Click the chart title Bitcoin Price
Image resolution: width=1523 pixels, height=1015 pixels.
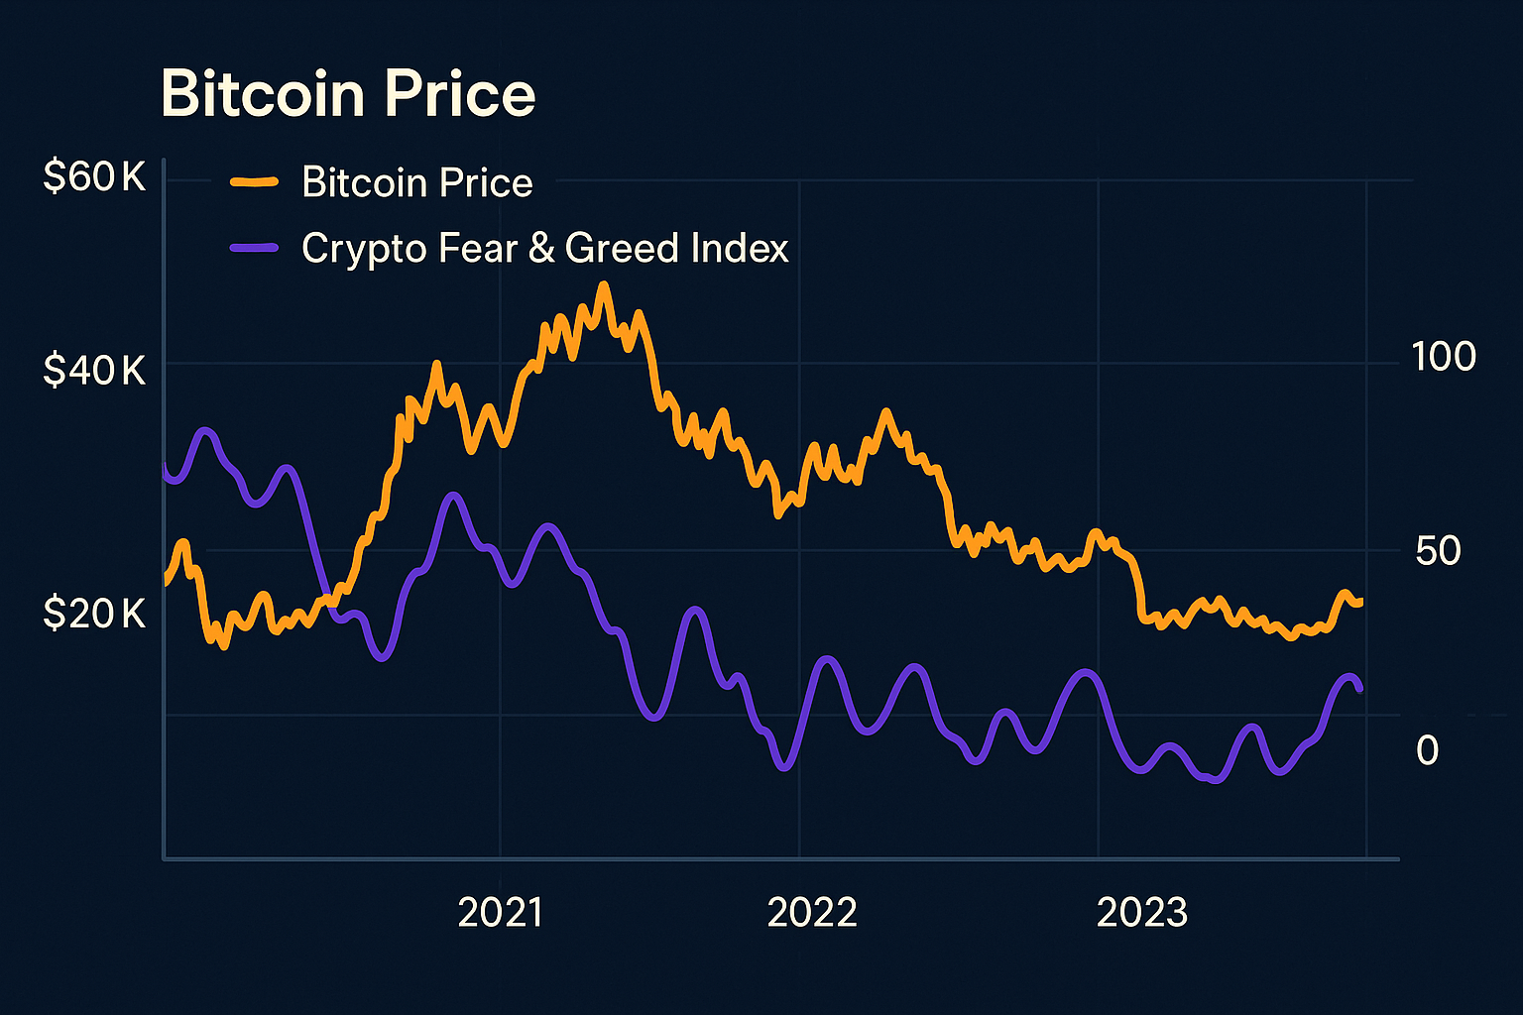pos(348,94)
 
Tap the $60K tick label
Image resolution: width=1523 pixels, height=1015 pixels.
pos(94,178)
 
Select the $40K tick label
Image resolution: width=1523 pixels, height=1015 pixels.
pos(94,371)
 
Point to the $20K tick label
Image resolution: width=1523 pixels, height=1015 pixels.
pos(94,615)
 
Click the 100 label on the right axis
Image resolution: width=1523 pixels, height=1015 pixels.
pos(1444,357)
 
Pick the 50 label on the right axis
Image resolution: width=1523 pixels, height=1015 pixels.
pos(1438,551)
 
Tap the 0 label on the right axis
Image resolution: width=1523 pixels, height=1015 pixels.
pos(1427,750)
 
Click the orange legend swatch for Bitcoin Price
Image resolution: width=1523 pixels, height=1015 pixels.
pos(254,182)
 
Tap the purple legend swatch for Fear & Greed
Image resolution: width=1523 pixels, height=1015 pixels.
pos(254,248)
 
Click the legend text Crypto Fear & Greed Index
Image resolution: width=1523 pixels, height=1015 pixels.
pos(545,248)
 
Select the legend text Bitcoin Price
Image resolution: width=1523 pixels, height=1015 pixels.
pos(417,182)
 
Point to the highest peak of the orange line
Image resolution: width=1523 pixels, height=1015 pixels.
pos(603,285)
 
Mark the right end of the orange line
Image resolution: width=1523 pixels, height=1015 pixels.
pos(1360,602)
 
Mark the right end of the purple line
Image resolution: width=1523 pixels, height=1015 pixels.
pos(1359,688)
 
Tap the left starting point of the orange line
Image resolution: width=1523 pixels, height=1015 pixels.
pos(166,583)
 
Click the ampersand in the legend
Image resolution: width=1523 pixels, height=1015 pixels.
pos(541,248)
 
